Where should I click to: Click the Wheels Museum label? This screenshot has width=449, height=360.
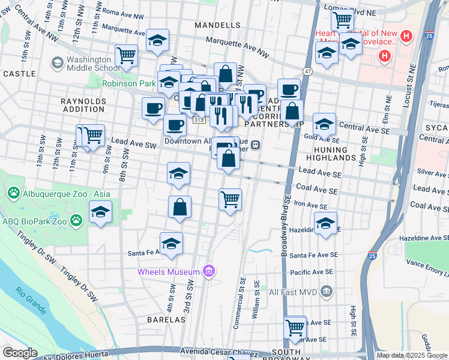tap(169, 272)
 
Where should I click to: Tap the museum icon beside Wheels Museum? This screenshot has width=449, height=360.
tap(208, 272)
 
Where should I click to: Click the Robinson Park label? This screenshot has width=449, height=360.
tap(129, 83)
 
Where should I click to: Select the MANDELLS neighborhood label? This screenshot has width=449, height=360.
tap(217, 25)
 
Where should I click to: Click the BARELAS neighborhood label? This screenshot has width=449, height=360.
tap(166, 320)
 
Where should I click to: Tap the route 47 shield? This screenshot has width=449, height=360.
tap(308, 71)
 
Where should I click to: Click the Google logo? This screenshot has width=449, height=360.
tap(20, 353)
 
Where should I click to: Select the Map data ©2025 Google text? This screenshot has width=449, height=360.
tap(412, 355)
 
